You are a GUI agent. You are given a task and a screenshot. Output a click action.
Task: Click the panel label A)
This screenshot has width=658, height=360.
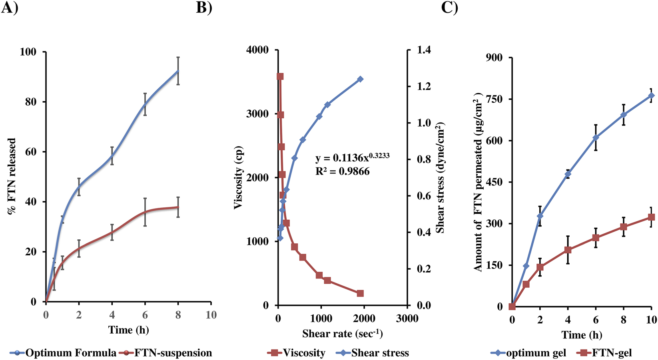tap(9, 8)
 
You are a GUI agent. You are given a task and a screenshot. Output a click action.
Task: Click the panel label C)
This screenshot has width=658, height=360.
tap(449, 8)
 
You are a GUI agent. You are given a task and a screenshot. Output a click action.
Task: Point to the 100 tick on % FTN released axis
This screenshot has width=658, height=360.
tap(28, 52)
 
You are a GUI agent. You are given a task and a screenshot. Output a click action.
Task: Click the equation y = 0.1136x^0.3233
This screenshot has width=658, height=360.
tap(352, 157)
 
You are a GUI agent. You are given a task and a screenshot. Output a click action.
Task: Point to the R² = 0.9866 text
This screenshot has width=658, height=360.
tap(342, 172)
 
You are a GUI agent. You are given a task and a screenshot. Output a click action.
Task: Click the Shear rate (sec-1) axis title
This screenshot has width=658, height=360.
tap(343, 333)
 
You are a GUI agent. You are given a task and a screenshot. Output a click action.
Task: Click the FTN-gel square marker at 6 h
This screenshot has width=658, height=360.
tap(596, 238)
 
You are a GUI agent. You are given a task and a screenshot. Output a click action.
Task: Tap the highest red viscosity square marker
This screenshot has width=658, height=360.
tap(280, 76)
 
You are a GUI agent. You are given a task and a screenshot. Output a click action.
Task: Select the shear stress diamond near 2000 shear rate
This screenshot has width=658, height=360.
tap(360, 79)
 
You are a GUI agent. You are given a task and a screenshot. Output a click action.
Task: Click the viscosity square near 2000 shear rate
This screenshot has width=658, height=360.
tap(360, 293)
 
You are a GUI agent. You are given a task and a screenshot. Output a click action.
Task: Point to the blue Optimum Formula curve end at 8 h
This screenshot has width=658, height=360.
tap(178, 71)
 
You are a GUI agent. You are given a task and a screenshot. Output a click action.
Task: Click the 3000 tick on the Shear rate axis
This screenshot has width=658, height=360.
tap(407, 318)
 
